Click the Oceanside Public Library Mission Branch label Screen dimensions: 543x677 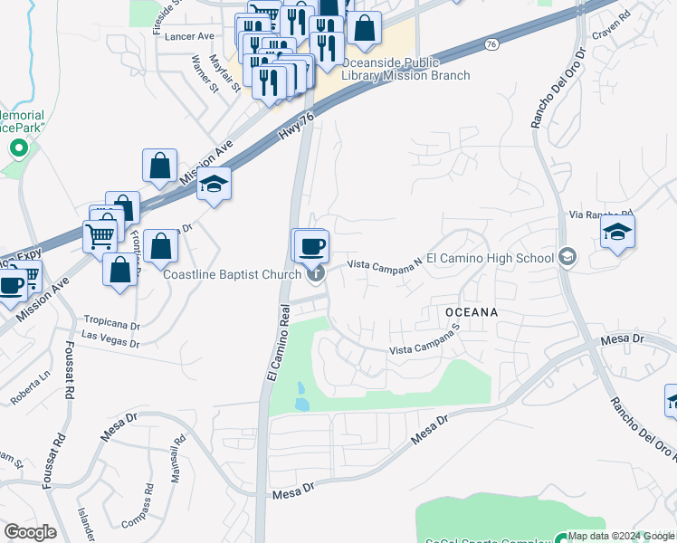pyautogui.click(x=405, y=69)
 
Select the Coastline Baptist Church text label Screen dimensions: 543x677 pyautogui.click(x=231, y=274)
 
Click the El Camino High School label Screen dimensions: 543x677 pyautogui.click(x=490, y=258)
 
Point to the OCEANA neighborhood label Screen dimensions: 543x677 pyautogui.click(x=472, y=311)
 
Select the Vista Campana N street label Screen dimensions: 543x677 pyautogui.click(x=386, y=263)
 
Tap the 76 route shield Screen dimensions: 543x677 pyautogui.click(x=491, y=43)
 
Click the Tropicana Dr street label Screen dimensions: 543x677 pyautogui.click(x=112, y=321)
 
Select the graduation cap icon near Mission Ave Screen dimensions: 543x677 pyautogui.click(x=214, y=184)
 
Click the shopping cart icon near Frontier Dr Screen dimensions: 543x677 pyautogui.click(x=100, y=235)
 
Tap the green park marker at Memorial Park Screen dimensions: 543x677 pyautogui.click(x=16, y=148)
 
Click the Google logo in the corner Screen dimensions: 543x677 pyautogui.click(x=30, y=532)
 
